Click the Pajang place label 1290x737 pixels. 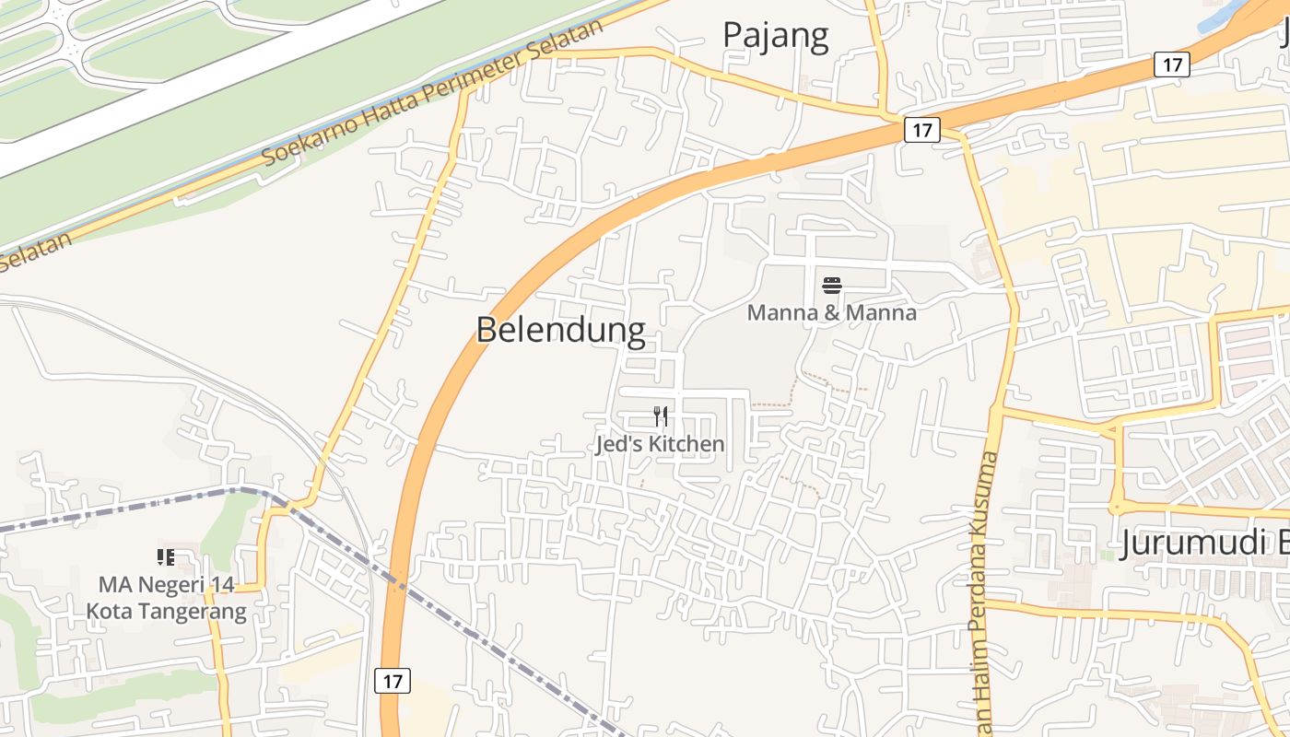[775, 35]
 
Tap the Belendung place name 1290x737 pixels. [560, 329]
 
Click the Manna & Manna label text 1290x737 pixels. [831, 312]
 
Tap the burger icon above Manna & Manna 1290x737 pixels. [832, 286]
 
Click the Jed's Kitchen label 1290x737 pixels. [660, 444]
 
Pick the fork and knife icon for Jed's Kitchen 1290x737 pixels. [660, 416]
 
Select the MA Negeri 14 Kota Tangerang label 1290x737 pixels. [167, 598]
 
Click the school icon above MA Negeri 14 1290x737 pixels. [166, 556]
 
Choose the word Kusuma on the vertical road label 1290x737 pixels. [987, 488]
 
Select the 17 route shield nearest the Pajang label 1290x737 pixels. [921, 131]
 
